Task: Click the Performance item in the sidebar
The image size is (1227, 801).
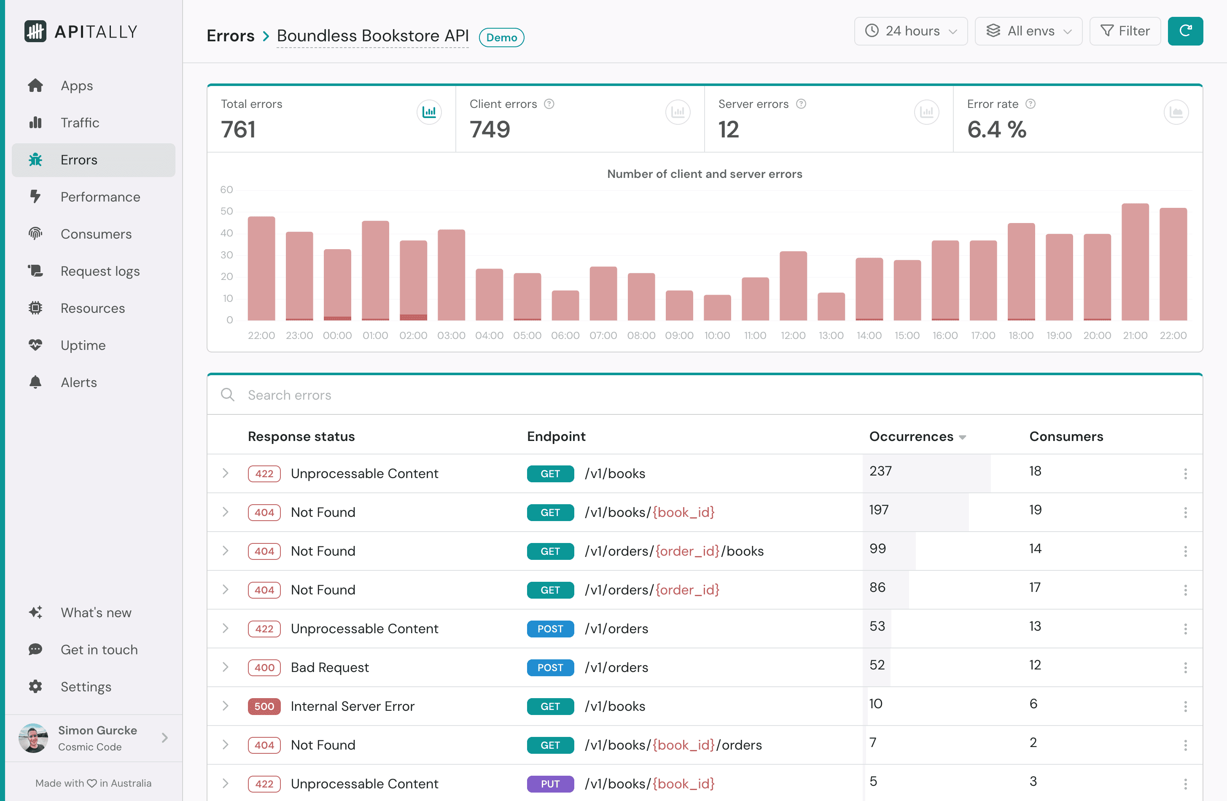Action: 100,197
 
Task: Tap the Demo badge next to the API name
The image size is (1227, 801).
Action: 501,38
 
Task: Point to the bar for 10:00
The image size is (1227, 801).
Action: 717,308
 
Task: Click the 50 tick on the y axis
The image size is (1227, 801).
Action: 226,211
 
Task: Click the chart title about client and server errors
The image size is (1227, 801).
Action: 704,174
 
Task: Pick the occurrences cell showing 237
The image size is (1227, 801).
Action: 880,471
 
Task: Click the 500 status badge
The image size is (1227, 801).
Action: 264,706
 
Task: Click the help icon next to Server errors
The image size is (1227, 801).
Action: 801,104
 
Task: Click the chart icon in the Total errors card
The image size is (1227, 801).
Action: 429,112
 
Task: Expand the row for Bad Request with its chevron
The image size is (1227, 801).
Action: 225,667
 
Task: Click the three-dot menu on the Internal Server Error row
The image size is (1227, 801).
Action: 1185,706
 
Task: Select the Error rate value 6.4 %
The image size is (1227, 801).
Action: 996,129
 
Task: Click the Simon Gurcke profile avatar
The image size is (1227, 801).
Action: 33,738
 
